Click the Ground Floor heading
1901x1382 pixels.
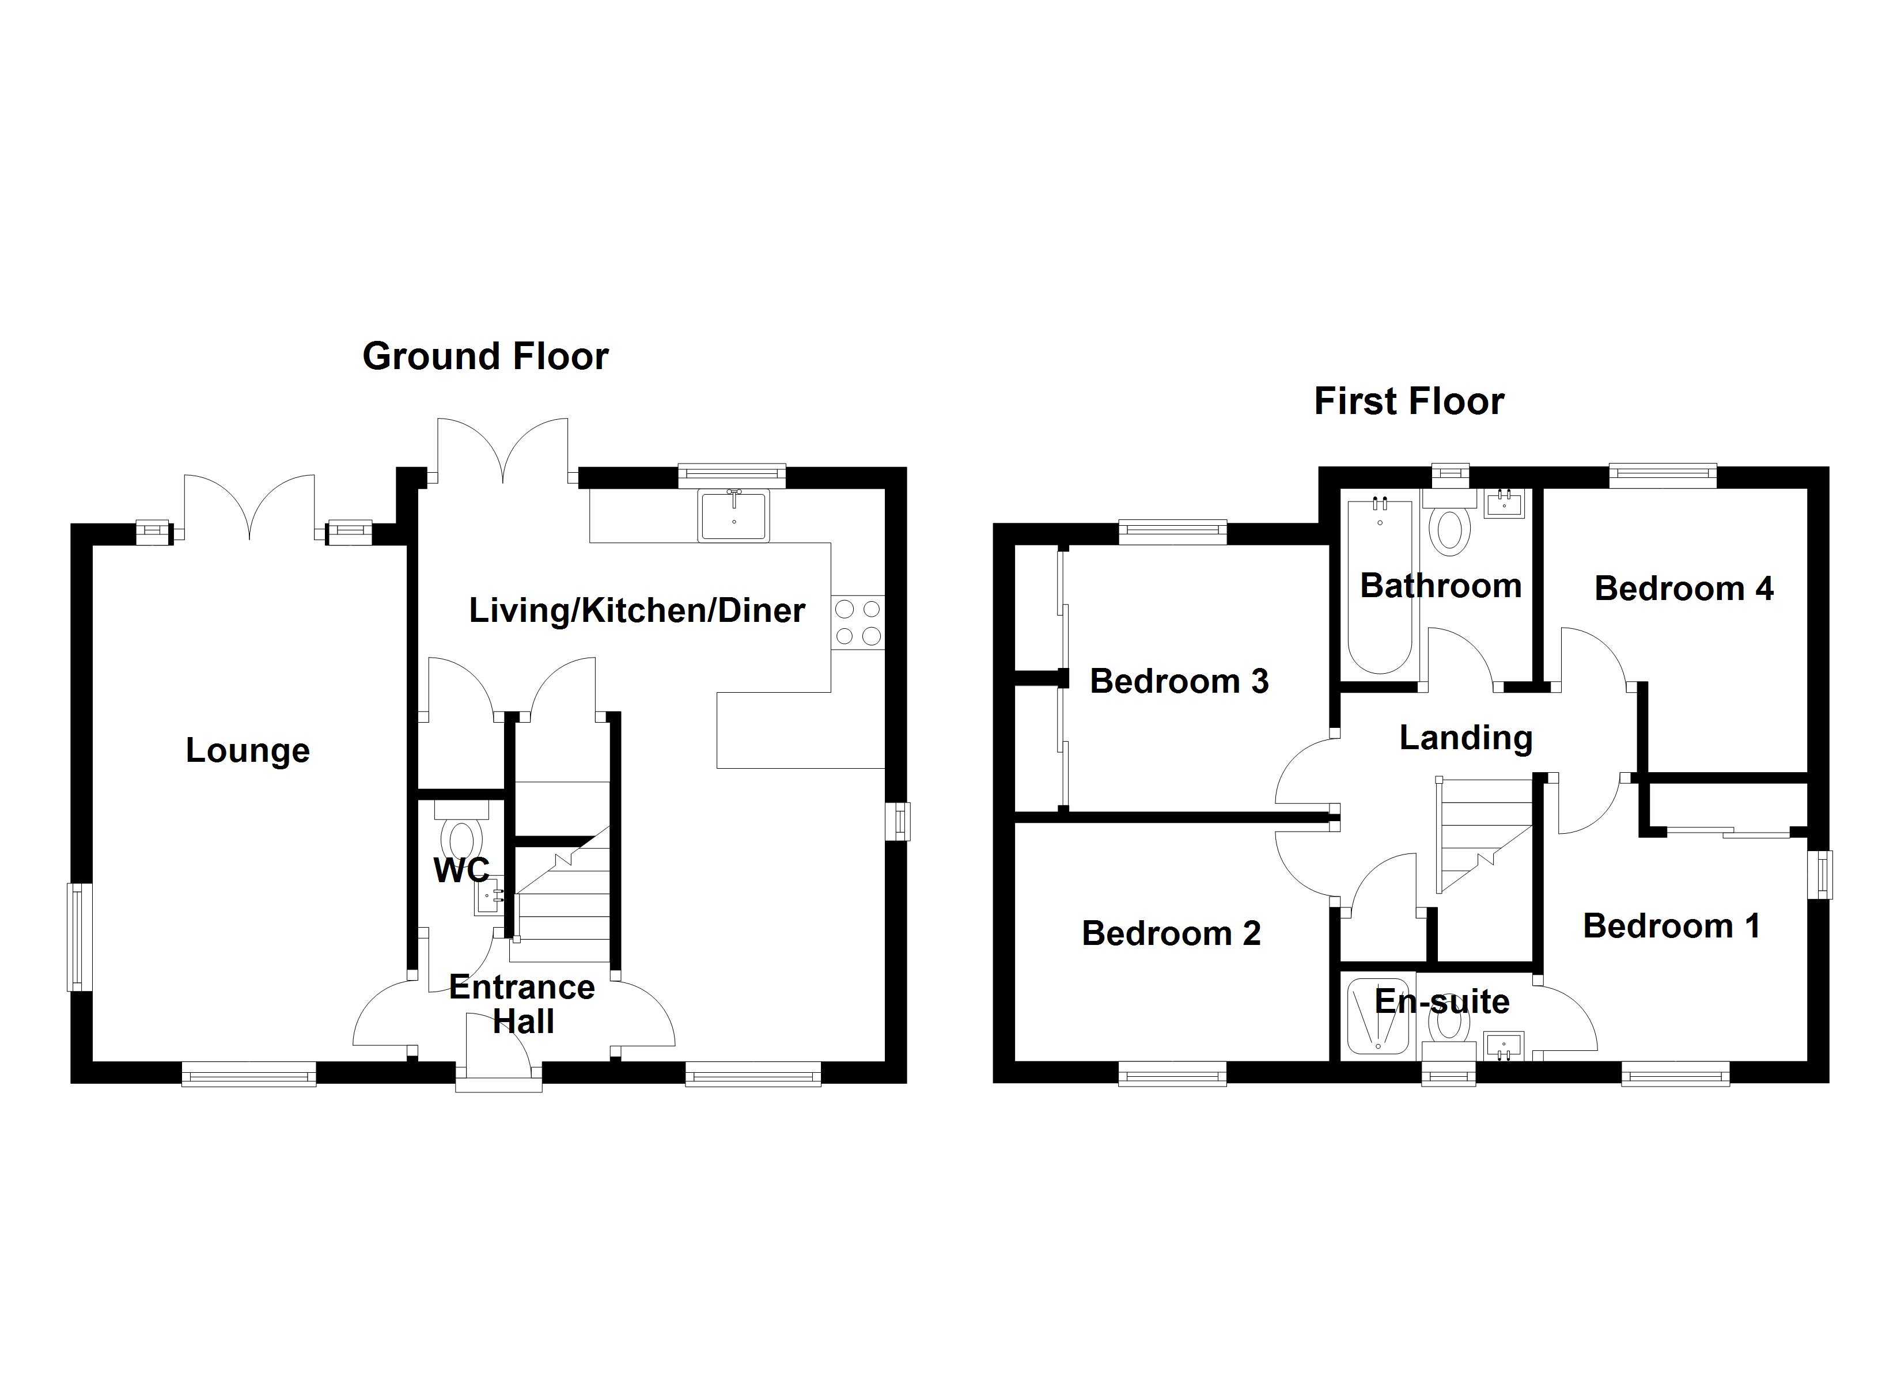coord(484,356)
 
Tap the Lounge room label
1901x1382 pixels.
coord(247,750)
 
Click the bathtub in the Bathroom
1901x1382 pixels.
coord(1380,587)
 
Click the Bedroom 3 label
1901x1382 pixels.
coord(1179,681)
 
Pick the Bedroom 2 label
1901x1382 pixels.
coord(1171,933)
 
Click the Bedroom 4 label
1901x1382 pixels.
coord(1683,589)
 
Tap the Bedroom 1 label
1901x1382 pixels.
coord(1671,926)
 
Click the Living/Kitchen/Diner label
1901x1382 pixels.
coord(636,610)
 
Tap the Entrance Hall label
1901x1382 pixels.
coord(522,1004)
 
